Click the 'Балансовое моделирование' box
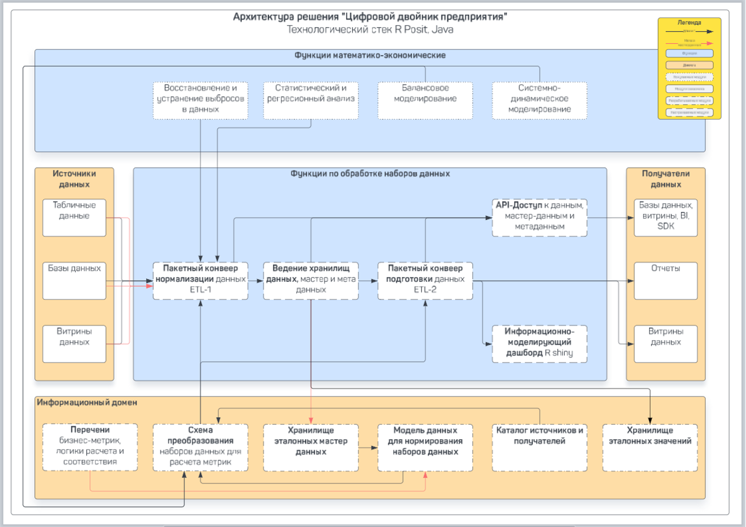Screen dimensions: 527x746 425,100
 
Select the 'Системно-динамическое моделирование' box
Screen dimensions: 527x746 539,100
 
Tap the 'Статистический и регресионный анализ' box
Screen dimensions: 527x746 311,100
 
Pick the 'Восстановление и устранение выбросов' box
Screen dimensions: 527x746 200,100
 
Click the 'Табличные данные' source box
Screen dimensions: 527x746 74,218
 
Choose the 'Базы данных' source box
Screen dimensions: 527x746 74,280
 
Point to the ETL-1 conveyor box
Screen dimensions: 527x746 200,280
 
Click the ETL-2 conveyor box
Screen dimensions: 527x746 425,280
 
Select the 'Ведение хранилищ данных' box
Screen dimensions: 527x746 311,280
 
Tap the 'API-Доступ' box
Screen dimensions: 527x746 539,218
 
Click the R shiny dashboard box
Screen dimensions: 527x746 539,344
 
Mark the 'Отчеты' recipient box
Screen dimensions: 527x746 665,280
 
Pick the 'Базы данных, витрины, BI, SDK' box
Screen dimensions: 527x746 665,218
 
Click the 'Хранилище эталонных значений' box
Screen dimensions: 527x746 650,447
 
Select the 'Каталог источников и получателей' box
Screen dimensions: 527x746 539,447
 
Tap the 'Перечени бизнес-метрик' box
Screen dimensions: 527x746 90,447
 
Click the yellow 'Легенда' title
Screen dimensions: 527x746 689,23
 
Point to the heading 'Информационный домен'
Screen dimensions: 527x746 87,403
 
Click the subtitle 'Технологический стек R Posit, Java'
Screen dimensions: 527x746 370,30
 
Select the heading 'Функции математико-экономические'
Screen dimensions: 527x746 370,55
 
